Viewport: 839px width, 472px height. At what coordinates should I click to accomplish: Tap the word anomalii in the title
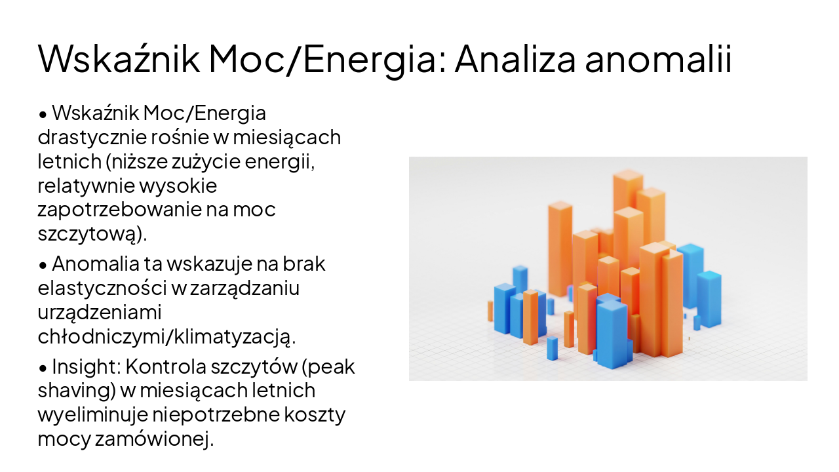(x=658, y=59)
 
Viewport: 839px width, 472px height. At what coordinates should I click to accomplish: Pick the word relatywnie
(x=87, y=186)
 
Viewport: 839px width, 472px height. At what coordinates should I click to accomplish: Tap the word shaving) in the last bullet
(x=75, y=390)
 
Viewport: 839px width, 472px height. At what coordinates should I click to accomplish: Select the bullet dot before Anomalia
(x=43, y=265)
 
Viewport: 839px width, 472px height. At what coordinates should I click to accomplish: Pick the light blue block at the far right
(x=709, y=298)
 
